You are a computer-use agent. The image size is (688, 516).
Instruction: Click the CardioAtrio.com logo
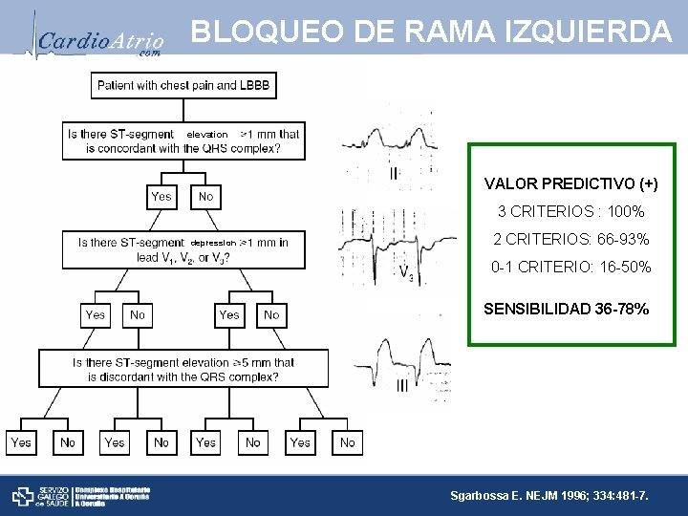pos(100,39)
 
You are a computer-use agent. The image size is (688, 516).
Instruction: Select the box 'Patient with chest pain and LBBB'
pos(183,85)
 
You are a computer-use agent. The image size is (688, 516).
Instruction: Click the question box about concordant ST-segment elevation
pos(183,140)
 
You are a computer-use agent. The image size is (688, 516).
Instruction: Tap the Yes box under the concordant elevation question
pos(161,196)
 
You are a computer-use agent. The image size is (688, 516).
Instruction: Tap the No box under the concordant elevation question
pos(205,196)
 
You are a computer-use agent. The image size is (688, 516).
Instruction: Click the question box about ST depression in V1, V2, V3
pos(183,249)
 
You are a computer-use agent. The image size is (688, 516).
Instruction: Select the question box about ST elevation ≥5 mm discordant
pos(183,369)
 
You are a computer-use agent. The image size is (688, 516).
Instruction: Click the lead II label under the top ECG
pos(394,174)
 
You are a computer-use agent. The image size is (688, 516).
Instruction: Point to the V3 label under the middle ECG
pos(406,275)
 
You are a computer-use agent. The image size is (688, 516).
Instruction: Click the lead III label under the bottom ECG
pos(401,386)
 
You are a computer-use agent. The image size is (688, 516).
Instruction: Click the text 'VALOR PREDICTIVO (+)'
pos(571,183)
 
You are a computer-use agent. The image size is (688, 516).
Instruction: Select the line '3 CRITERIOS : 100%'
pos(571,211)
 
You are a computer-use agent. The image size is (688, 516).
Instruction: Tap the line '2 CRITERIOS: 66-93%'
pos(571,239)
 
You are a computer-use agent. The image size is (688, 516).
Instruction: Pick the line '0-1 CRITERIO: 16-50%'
pos(571,268)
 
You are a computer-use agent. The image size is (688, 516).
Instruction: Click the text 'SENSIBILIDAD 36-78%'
pos(567,309)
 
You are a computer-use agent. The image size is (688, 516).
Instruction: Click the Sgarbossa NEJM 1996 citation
pos(548,496)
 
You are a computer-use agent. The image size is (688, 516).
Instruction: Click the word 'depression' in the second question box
pos(213,243)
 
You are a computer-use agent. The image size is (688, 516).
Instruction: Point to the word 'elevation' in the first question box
pos(207,135)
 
